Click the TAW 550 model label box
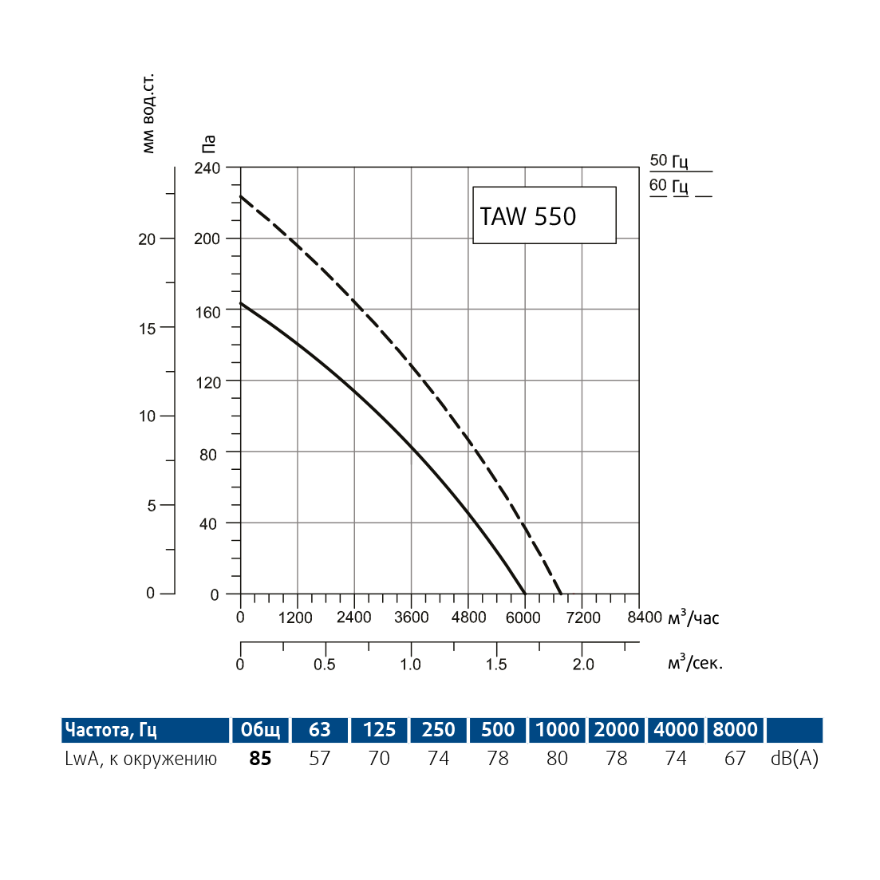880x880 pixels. [544, 215]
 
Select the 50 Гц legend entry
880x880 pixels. [669, 161]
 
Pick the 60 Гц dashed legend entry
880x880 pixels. [669, 186]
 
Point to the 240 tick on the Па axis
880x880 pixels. [207, 168]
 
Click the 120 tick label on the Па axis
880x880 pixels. [207, 382]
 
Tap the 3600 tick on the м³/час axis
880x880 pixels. [411, 618]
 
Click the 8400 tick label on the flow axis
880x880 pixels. [644, 618]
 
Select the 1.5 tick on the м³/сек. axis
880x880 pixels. [496, 665]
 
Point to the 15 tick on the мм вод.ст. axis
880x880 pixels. [147, 328]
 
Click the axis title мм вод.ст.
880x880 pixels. [148, 114]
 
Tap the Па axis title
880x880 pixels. [208, 144]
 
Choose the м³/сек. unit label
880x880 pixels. [695, 663]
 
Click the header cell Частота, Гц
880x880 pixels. [111, 730]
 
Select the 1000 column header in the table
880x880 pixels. [557, 730]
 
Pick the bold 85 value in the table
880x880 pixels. [260, 759]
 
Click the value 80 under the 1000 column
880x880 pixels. [557, 759]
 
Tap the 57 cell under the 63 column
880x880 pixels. [320, 759]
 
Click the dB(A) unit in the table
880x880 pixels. [795, 759]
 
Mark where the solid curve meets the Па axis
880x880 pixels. [241, 303]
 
